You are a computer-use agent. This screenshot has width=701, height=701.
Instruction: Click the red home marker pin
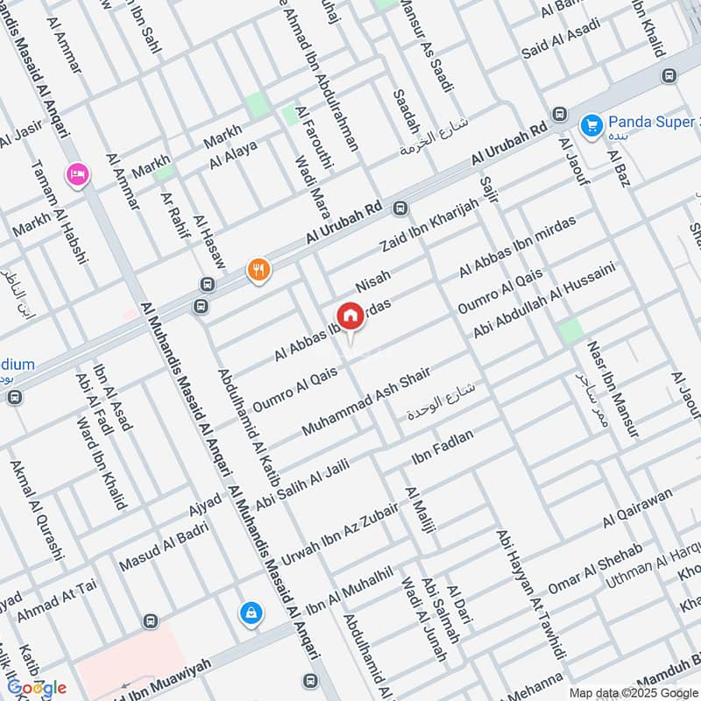pyautogui.click(x=350, y=315)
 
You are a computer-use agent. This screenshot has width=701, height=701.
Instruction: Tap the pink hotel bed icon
pyautogui.click(x=76, y=173)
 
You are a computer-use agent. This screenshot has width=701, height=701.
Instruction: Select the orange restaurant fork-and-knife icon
pyautogui.click(x=258, y=269)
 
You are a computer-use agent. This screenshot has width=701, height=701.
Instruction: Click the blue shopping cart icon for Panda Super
pyautogui.click(x=592, y=124)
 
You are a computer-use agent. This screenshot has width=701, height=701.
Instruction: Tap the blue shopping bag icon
pyautogui.click(x=251, y=614)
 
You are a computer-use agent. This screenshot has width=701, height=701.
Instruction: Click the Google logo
pyautogui.click(x=37, y=688)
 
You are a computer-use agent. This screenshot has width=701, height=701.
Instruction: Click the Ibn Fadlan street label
pyautogui.click(x=442, y=448)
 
